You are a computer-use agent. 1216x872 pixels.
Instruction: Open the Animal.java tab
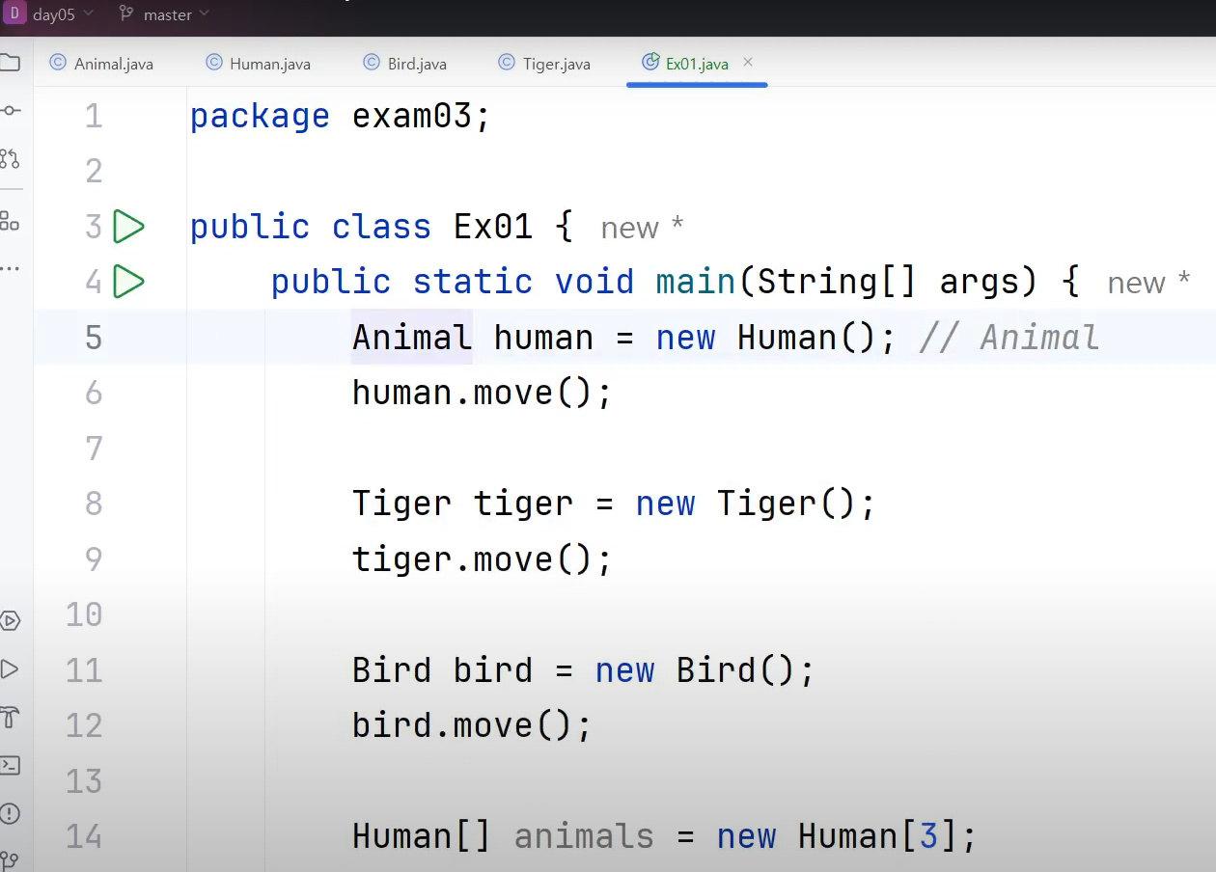[113, 65]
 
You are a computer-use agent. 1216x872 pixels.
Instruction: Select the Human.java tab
[269, 65]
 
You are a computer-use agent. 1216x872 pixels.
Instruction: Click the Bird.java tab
[416, 65]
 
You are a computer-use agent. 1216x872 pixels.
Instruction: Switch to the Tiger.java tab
[556, 65]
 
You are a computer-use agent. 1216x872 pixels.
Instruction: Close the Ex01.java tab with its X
[748, 63]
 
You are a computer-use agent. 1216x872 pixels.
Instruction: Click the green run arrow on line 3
[128, 227]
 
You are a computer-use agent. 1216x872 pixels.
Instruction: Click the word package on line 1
[260, 117]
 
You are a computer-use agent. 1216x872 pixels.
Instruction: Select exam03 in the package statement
[412, 117]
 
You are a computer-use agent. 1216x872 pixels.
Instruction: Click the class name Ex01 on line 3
[492, 227]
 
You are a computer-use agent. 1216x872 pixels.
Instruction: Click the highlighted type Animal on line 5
[412, 338]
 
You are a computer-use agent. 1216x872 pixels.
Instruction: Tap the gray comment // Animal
[1009, 338]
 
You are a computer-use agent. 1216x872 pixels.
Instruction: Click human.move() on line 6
[481, 393]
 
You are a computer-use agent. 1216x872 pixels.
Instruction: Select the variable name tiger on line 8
[523, 504]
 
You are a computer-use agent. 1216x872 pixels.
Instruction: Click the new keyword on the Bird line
[624, 670]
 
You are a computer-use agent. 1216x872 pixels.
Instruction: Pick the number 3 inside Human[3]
[927, 835]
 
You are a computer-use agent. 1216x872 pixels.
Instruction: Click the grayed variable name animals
[583, 835]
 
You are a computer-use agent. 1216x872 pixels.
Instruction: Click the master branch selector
[166, 14]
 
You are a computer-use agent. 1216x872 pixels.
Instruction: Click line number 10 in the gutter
[84, 614]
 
